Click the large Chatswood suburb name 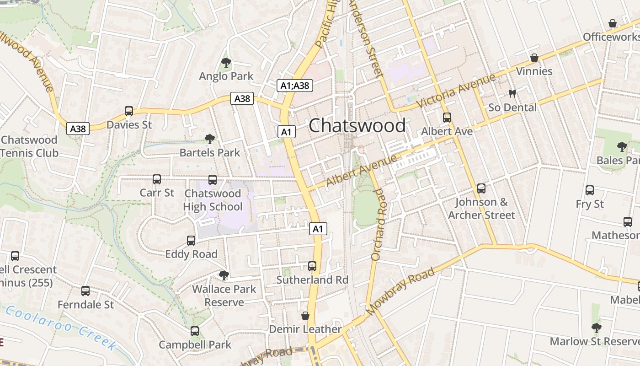click(357, 125)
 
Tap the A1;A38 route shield click(295, 85)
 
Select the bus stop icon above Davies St click(129, 111)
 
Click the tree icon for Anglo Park click(226, 63)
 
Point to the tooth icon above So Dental click(512, 94)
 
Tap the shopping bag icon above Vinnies click(534, 58)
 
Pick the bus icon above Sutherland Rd click(312, 266)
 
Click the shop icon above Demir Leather click(305, 316)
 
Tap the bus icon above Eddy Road click(191, 241)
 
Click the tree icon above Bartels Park click(210, 139)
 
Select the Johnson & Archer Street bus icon click(481, 188)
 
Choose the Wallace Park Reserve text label click(224, 296)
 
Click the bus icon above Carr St click(157, 179)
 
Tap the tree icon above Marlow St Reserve click(596, 328)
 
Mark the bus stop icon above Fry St click(590, 190)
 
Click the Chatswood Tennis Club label click(30, 146)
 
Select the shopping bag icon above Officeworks click(613, 23)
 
